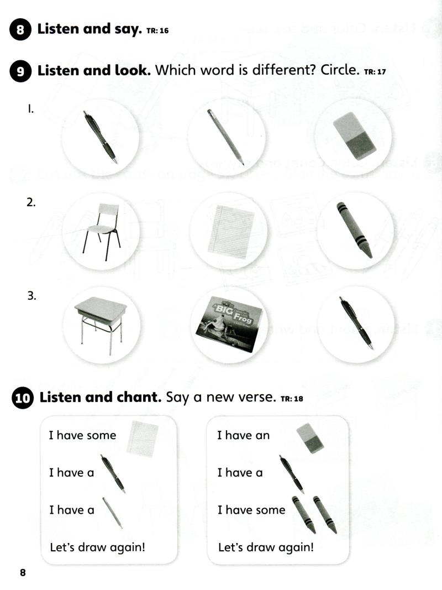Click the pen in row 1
[x=101, y=137]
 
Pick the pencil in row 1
[x=225, y=137]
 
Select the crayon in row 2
[x=354, y=229]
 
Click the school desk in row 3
[x=101, y=320]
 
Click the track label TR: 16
[x=157, y=31]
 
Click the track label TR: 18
[x=292, y=399]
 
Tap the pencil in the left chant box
[x=113, y=512]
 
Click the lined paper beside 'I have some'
[x=143, y=439]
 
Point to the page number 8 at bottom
[x=23, y=572]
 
